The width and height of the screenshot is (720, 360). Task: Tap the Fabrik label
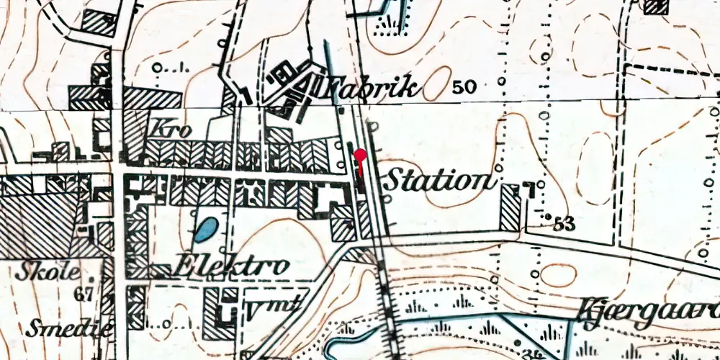[370, 88]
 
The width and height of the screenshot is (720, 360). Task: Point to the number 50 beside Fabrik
[465, 88]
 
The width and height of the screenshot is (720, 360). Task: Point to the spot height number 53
[565, 224]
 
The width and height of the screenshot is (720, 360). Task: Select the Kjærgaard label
[648, 311]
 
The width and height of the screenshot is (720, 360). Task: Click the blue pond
[204, 230]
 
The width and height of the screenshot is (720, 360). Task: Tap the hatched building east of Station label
[510, 207]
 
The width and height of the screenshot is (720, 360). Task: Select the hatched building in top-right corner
[655, 6]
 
